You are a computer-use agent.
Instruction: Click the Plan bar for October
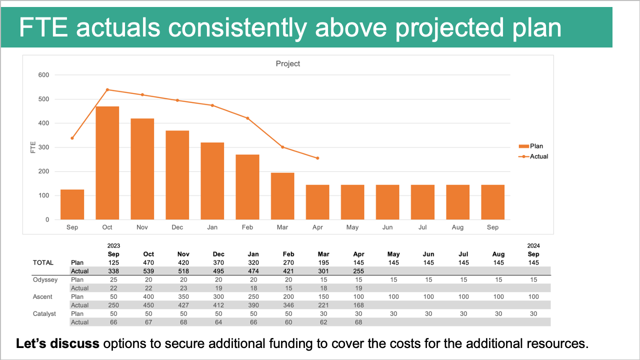[x=107, y=163]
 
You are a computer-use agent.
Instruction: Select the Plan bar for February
[x=247, y=187]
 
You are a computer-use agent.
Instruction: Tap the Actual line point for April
[x=317, y=158]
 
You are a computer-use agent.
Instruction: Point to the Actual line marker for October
[x=107, y=90]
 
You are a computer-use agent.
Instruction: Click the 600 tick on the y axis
[x=44, y=75]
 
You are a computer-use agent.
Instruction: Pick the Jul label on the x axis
[x=422, y=227]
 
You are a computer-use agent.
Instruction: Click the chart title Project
[x=288, y=64]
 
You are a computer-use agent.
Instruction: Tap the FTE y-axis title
[x=33, y=147]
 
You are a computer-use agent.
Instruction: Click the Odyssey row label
[x=45, y=279]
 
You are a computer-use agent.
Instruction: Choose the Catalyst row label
[x=44, y=313]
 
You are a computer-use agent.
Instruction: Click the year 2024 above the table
[x=533, y=246]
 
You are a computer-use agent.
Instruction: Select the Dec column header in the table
[x=218, y=254]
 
